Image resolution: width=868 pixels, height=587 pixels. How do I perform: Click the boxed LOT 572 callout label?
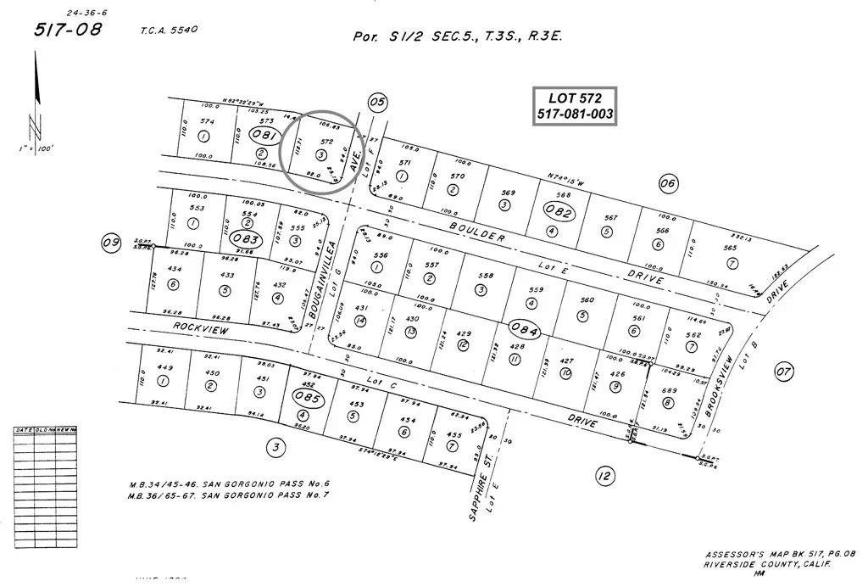[x=574, y=106]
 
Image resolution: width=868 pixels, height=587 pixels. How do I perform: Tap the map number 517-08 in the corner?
[x=61, y=30]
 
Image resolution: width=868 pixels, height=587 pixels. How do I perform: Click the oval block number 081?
[x=265, y=136]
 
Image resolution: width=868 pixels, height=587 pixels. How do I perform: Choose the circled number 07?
[x=784, y=371]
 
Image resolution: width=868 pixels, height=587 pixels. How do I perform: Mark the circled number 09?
[x=111, y=243]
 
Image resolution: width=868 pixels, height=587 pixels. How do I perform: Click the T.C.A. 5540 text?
[x=170, y=31]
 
